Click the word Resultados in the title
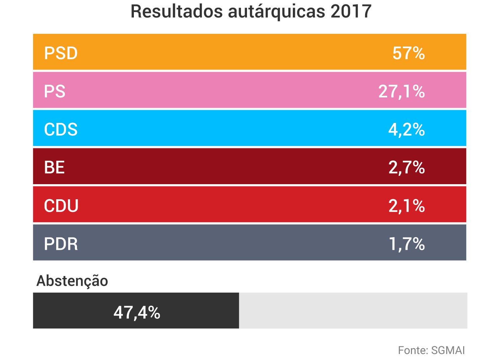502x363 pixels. tap(176, 12)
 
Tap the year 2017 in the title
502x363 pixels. tap(351, 12)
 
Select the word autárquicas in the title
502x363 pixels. tap(276, 12)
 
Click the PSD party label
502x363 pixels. tap(61, 53)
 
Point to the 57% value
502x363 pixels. tap(408, 53)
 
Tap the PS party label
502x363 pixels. tap(55, 91)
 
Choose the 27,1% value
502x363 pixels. tap(401, 91)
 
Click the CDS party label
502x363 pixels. tap(61, 130)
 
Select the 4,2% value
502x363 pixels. tap(406, 130)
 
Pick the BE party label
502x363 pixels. tap(54, 167)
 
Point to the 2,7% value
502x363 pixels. tap(406, 167)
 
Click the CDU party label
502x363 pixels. tap(61, 206)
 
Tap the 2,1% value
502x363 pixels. tap(406, 206)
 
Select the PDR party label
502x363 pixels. tap(61, 244)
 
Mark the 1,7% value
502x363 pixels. tap(406, 244)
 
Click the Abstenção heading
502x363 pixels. tap(72, 281)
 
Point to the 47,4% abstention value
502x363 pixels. tap(137, 312)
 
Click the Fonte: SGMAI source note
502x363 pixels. tap(431, 350)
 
